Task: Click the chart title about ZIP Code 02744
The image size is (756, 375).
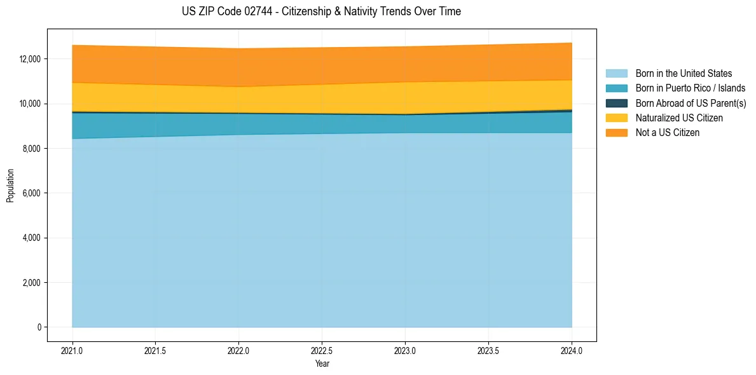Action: pyautogui.click(x=321, y=11)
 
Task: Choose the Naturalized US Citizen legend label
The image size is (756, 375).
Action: pyautogui.click(x=679, y=118)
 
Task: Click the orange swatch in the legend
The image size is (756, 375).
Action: pyautogui.click(x=616, y=133)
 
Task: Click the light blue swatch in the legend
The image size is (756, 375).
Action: pyautogui.click(x=616, y=74)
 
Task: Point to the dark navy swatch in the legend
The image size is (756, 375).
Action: pyautogui.click(x=616, y=103)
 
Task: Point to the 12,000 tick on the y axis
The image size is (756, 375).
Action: pyautogui.click(x=30, y=59)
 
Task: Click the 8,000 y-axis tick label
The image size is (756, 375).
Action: pyautogui.click(x=32, y=149)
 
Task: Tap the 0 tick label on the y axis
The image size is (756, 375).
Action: pyautogui.click(x=39, y=327)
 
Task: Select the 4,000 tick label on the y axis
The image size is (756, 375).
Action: pyautogui.click(x=32, y=238)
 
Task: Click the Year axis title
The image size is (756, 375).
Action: pyautogui.click(x=322, y=364)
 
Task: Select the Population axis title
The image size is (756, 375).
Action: pyautogui.click(x=10, y=186)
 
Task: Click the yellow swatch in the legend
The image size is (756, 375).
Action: pyautogui.click(x=616, y=118)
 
